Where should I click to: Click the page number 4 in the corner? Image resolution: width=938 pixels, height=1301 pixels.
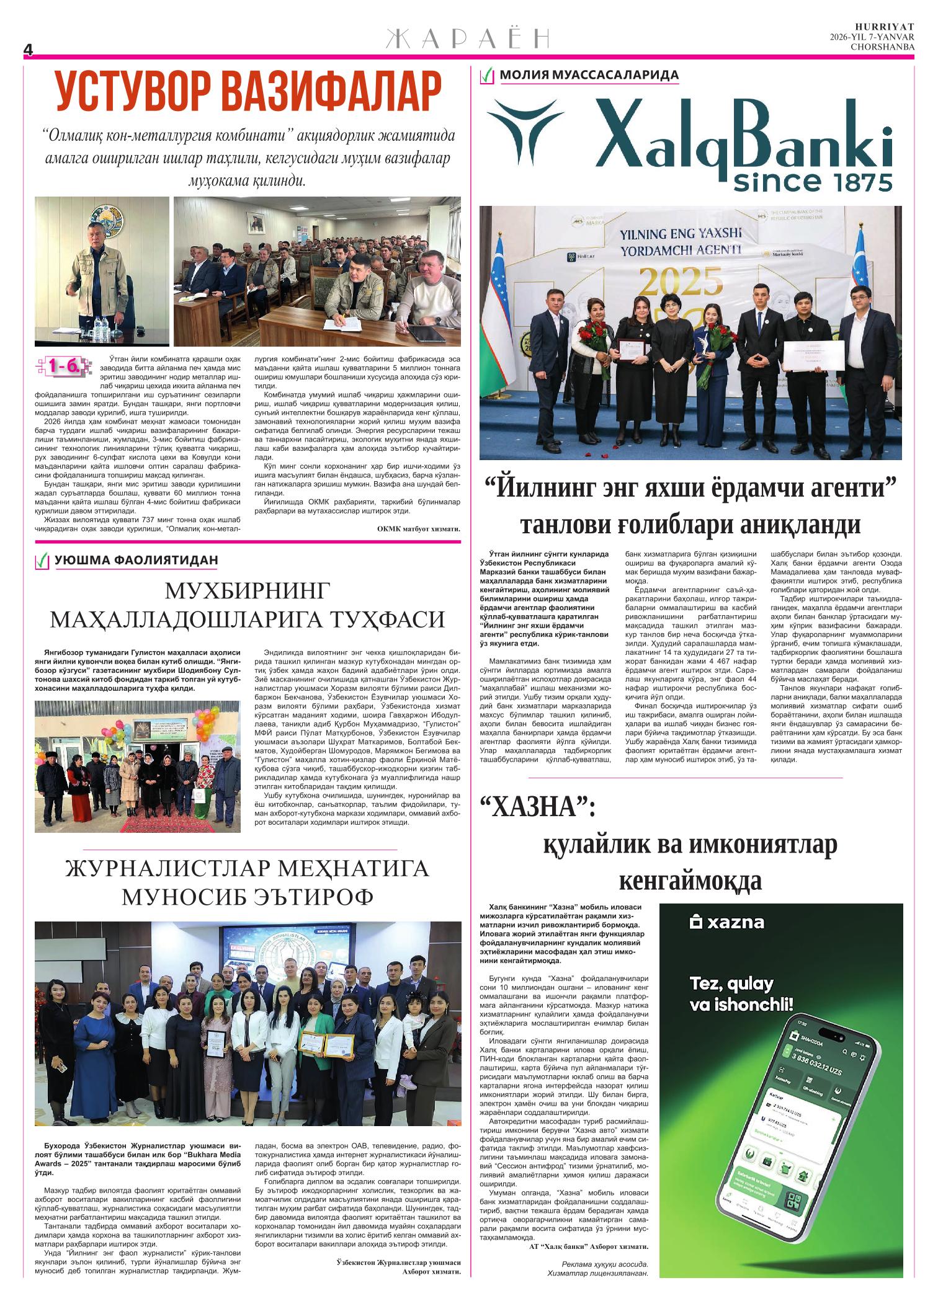27,50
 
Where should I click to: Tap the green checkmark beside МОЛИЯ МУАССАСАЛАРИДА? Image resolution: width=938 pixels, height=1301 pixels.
487,76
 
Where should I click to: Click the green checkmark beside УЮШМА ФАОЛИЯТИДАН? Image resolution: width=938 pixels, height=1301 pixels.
42,561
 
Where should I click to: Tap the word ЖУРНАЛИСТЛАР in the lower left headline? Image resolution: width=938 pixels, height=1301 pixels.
169,868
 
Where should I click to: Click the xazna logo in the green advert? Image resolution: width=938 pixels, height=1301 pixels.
727,923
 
